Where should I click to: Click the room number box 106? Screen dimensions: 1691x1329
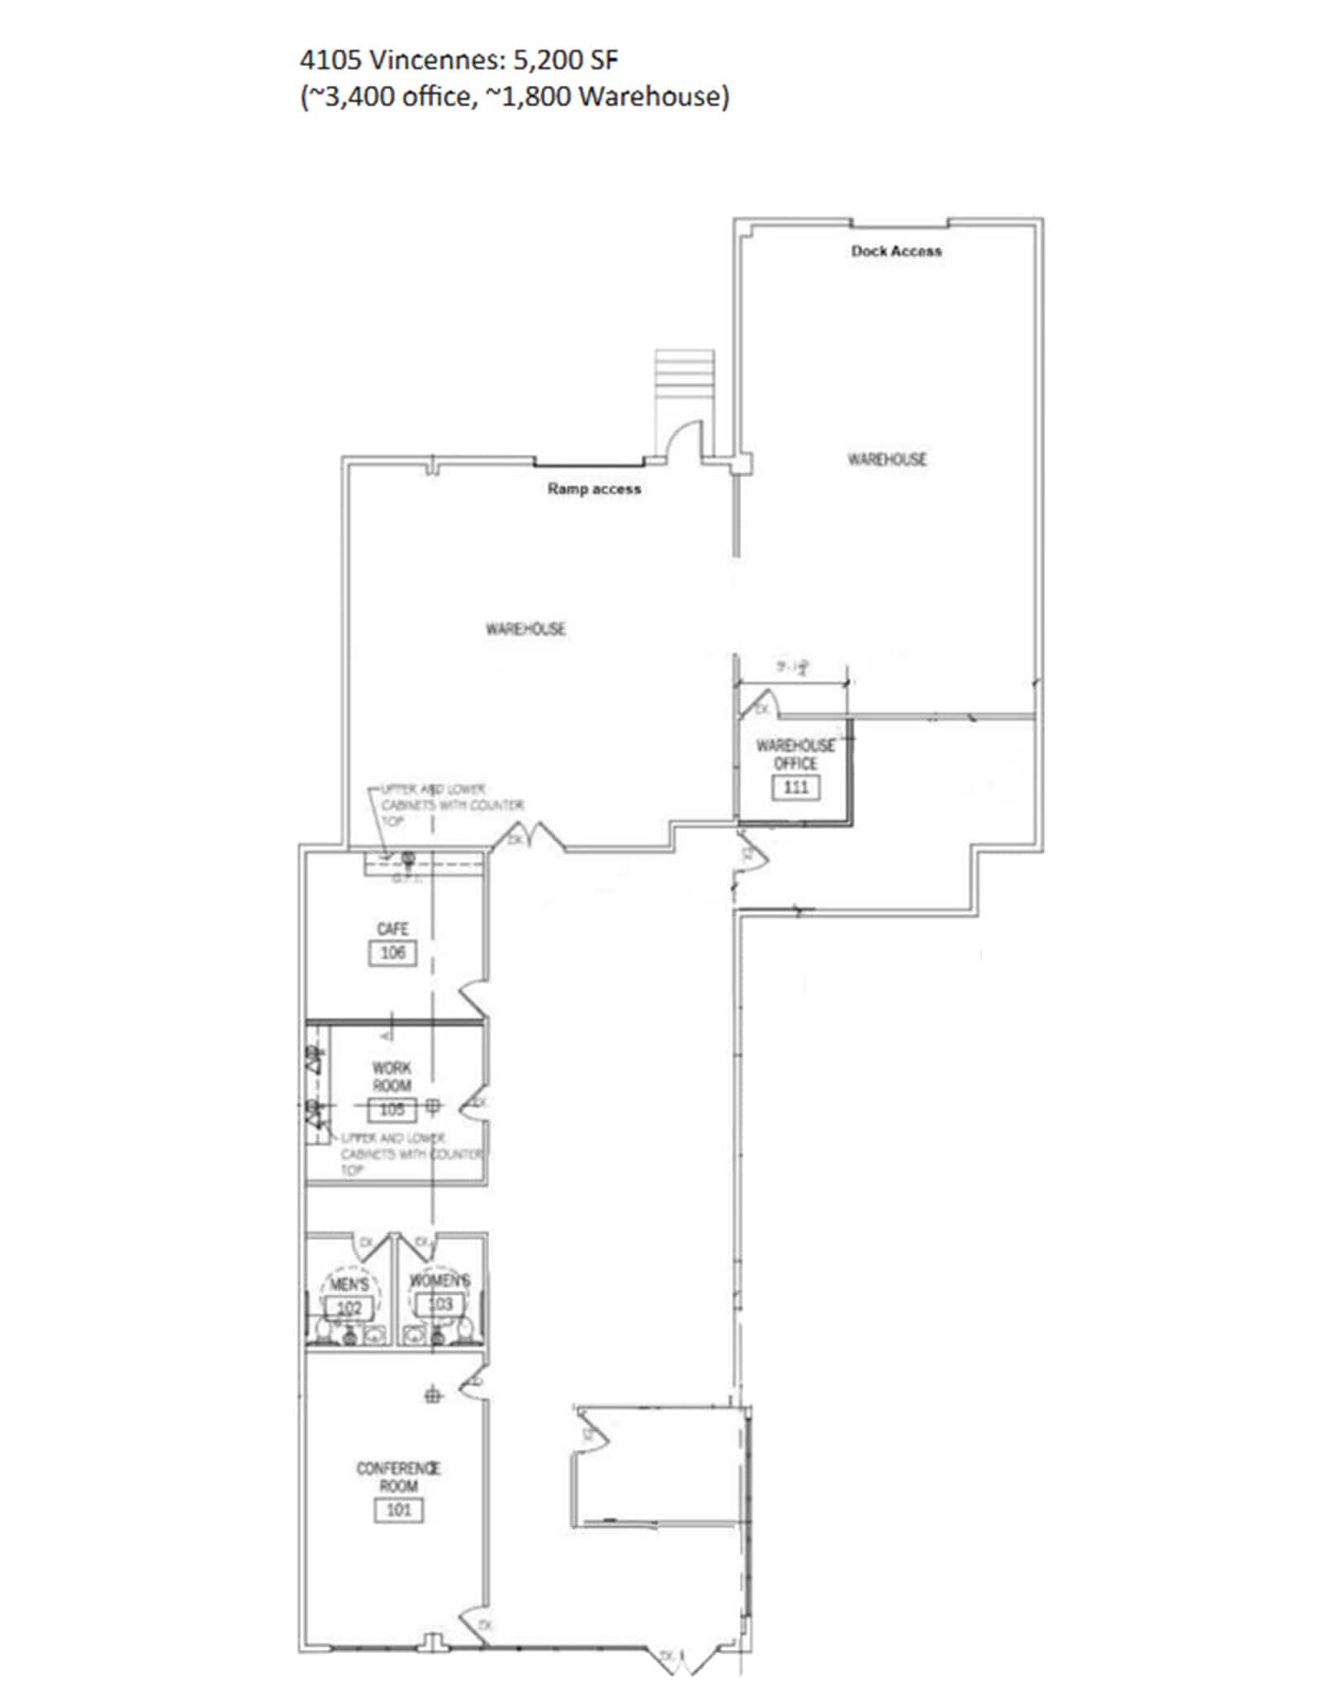pos(392,953)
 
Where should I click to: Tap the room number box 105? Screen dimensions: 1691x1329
pos(392,1110)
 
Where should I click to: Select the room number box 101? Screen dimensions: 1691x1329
pos(399,1510)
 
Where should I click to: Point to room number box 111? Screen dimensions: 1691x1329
pos(795,787)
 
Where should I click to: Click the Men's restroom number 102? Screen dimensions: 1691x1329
pos(349,1308)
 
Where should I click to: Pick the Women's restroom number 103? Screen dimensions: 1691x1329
pos(439,1305)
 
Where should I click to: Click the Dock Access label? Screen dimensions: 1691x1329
pos(896,251)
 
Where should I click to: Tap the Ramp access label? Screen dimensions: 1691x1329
pos(594,489)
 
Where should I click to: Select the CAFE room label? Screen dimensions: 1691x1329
pos(392,929)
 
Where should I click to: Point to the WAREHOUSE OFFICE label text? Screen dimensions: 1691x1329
pos(795,754)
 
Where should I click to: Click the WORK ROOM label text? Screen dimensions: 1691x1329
pos(392,1077)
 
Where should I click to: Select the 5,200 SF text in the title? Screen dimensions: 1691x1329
pos(566,60)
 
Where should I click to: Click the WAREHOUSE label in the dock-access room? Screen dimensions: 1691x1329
pos(887,459)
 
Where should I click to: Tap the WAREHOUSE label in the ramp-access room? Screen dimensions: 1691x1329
pos(525,629)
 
